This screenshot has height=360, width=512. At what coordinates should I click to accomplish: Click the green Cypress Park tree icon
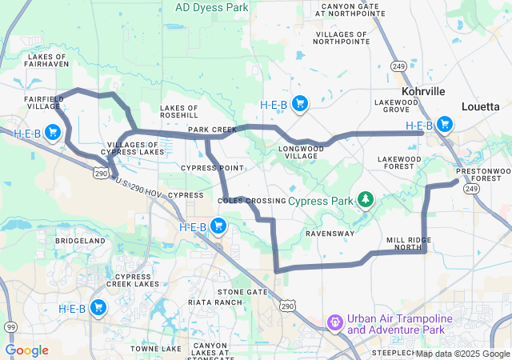coord(365,198)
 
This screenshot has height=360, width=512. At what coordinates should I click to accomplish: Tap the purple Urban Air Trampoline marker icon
coord(335,322)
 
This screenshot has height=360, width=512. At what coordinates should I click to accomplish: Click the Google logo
coord(27,350)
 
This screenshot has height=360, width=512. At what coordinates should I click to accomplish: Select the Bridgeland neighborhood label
coord(80,240)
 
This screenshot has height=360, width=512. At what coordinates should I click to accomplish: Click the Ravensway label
coord(330,234)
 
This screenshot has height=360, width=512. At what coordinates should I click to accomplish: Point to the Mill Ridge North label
coord(410,244)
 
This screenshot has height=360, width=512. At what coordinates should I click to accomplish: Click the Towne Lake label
coord(156,349)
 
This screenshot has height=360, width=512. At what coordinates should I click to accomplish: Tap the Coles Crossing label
coord(251,200)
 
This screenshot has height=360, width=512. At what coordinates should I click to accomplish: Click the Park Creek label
coord(212,129)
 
